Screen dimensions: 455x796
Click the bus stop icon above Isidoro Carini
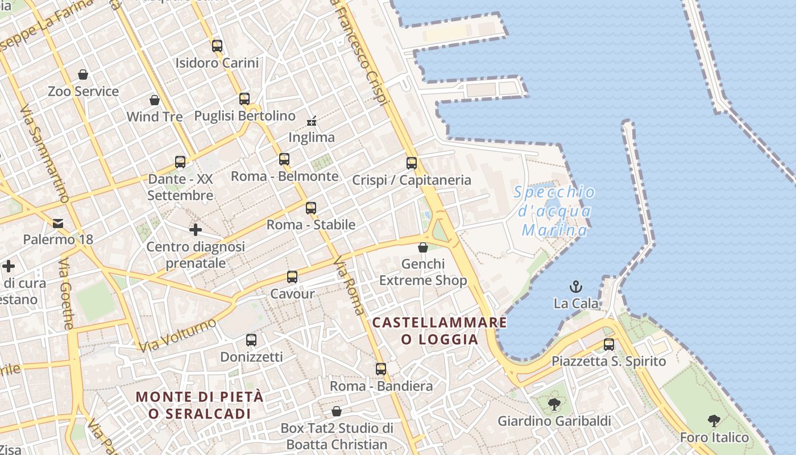point(217,46)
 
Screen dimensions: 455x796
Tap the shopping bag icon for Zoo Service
point(83,75)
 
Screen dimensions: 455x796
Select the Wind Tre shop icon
point(155,100)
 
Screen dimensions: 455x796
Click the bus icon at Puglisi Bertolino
point(244,99)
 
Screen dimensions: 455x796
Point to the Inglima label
point(312,137)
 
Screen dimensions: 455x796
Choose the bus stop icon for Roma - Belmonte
point(284,159)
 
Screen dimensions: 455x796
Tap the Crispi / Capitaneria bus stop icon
point(412,163)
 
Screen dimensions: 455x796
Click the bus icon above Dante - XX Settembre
point(180,162)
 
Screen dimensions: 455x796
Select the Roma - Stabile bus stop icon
point(311,208)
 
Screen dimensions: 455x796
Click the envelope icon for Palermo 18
point(58,223)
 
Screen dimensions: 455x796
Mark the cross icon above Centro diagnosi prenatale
point(196,230)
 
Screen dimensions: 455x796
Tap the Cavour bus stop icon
point(292,277)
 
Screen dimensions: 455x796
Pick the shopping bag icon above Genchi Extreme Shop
point(423,247)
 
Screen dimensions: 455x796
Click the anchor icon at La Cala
point(576,287)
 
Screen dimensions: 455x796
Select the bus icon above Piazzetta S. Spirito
point(609,344)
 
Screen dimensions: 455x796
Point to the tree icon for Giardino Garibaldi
point(554,404)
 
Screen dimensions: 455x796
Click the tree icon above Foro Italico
point(714,421)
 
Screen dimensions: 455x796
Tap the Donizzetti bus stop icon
point(251,340)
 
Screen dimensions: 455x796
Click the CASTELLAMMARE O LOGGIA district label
point(440,331)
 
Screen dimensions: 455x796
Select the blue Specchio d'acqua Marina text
point(554,211)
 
